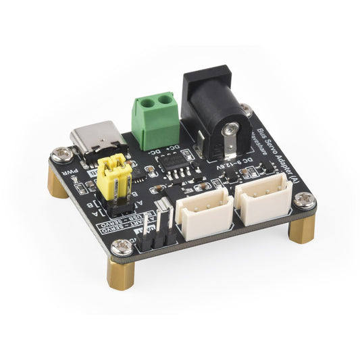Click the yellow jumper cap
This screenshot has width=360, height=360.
pos(113,179)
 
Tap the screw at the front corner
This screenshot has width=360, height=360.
pos(122,248)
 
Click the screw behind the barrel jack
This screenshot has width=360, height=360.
pos(246,109)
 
